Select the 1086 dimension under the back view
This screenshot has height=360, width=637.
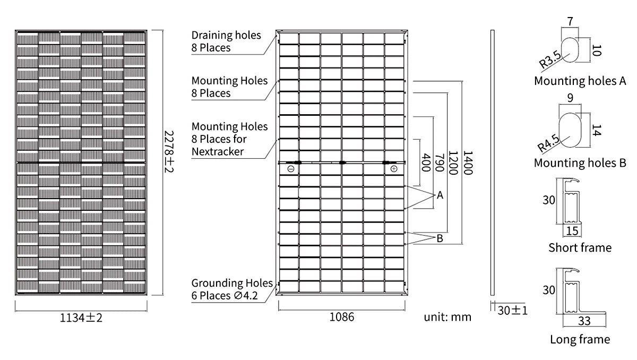(341, 317)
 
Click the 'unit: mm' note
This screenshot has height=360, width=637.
(447, 317)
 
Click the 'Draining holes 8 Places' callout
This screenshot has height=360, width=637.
(226, 41)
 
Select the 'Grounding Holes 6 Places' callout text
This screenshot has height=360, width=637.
(231, 289)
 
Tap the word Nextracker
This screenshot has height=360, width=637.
(218, 152)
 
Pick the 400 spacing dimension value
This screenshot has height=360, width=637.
(425, 162)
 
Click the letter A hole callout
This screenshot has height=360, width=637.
(440, 196)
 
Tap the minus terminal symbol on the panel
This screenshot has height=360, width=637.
(291, 169)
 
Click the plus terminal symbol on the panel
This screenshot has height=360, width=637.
(393, 169)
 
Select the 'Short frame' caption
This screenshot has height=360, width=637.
(580, 247)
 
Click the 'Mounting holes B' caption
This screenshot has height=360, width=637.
(580, 162)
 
